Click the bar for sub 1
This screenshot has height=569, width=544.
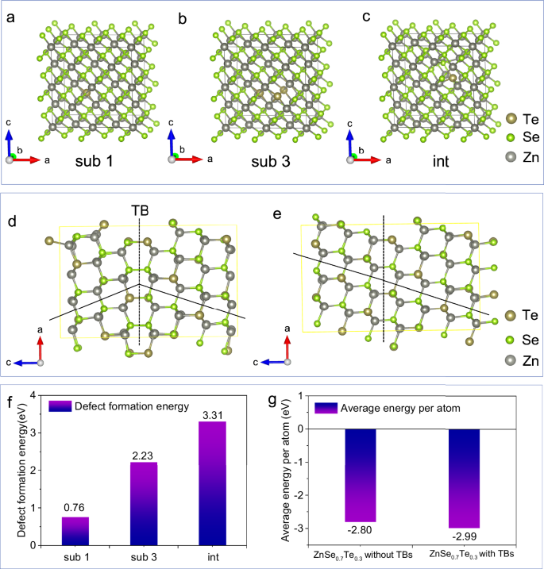(x=75, y=530)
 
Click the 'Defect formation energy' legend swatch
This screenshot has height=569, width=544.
(x=60, y=406)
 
